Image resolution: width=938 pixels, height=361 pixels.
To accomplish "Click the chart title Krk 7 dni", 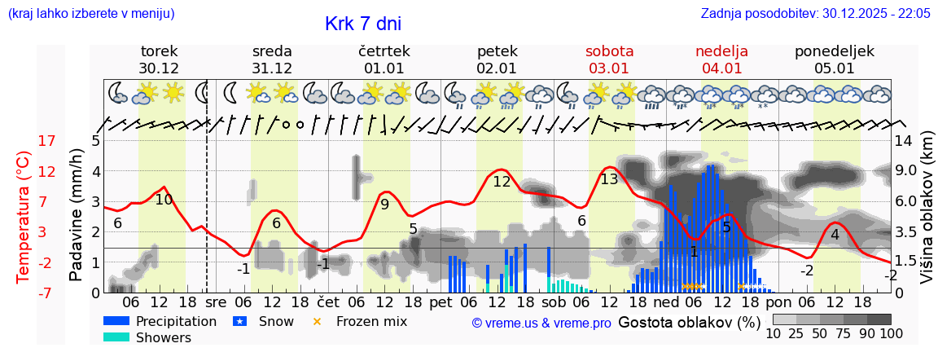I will click(362, 24).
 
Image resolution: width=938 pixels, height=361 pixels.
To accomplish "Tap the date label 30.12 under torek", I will click(159, 68).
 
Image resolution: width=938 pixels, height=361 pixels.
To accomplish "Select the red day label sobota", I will click(609, 51).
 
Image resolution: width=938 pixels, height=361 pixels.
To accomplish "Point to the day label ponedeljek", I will click(834, 51).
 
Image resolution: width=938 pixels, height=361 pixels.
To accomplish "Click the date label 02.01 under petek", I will click(496, 68).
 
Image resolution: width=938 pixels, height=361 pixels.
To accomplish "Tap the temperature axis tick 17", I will click(47, 141).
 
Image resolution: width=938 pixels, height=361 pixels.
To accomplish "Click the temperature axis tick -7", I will click(47, 293).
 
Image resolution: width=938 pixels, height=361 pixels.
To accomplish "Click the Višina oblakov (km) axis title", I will click(927, 215).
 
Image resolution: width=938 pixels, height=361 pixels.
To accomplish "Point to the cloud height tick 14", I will click(904, 141).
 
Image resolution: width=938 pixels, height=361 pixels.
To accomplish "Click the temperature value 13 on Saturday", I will click(609, 179).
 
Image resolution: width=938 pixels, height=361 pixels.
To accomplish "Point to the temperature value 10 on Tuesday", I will click(164, 200).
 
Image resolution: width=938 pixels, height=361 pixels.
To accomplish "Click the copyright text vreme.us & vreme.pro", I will click(541, 323).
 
